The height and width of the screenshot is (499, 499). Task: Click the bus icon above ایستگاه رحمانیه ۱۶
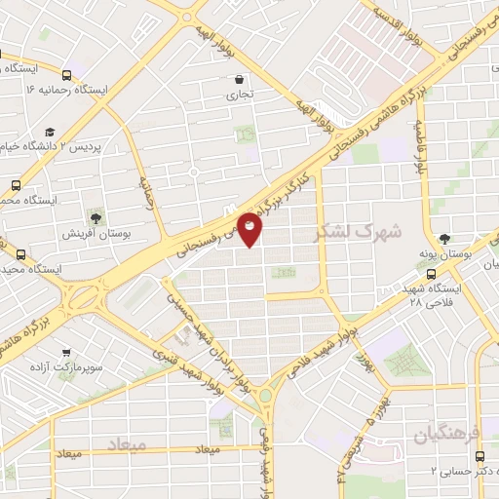66,75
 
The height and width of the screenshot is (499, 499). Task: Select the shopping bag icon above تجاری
239,79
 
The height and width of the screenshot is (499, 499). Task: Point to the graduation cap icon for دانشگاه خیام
49,131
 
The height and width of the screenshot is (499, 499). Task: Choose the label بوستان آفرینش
91,233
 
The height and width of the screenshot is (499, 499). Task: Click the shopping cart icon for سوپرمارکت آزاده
66,356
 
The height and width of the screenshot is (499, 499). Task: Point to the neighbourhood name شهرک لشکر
346,234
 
